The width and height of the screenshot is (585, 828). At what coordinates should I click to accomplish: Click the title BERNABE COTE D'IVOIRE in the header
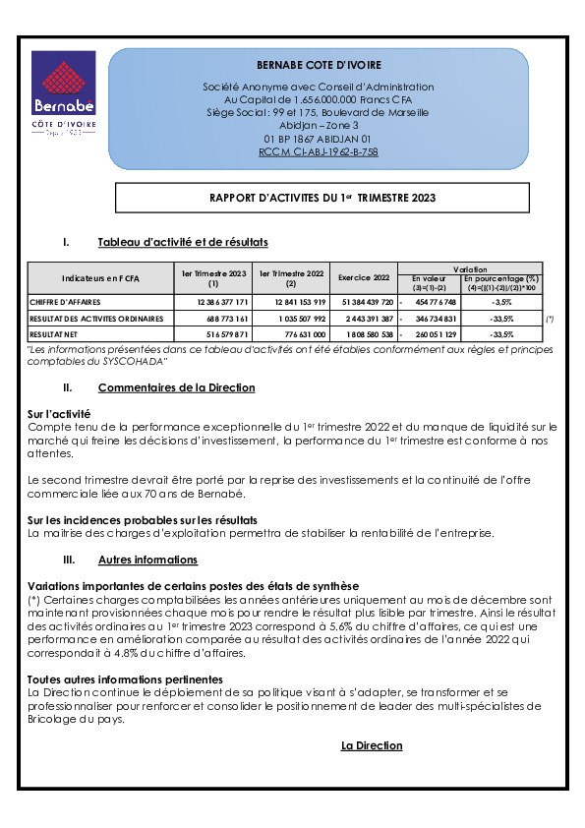tap(312, 65)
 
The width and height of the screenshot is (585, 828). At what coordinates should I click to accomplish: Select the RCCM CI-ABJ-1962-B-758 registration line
tap(318, 151)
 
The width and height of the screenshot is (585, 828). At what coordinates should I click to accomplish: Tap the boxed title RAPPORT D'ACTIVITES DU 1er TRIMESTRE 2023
tap(322, 198)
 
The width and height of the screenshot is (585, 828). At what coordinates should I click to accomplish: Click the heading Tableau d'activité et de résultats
tap(183, 242)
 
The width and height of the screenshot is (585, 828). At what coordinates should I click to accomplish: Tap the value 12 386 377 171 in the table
tap(214, 302)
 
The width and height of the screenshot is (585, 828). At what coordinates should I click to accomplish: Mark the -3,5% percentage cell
tap(500, 302)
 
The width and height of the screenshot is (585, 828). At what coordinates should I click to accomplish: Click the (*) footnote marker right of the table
tap(549, 320)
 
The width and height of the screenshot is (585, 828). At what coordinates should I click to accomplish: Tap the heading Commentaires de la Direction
tap(176, 387)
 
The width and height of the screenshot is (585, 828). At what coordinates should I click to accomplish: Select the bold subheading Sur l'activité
tap(59, 414)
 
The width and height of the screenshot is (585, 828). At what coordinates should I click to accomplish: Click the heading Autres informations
tap(147, 560)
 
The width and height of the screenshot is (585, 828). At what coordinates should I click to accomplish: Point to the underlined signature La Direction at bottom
tap(372, 745)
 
